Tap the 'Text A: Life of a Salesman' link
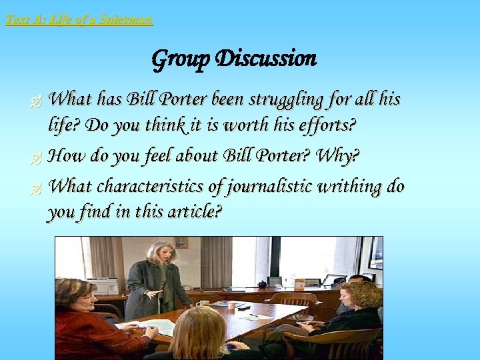coord(79,20)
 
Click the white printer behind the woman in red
coord(103,285)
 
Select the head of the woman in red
coord(74,293)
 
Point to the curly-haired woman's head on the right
coord(360,294)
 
